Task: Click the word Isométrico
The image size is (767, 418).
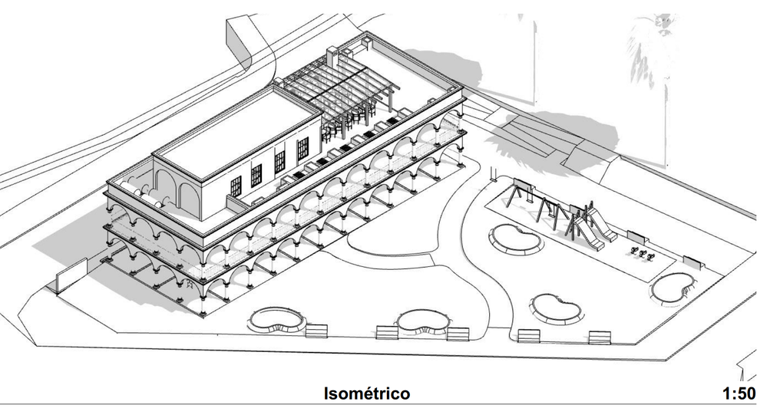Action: tap(367, 393)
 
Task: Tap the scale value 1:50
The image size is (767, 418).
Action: tap(739, 393)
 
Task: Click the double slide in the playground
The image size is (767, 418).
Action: tap(590, 226)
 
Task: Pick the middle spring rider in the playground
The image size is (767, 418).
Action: tap(642, 254)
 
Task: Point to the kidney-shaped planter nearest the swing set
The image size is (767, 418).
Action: tap(516, 239)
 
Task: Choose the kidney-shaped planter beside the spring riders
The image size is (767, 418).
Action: tap(673, 288)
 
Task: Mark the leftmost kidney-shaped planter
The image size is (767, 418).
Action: tap(277, 321)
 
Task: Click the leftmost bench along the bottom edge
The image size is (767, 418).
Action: tap(316, 331)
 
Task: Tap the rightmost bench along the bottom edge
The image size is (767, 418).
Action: tap(599, 337)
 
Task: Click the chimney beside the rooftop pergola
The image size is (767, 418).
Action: tap(332, 57)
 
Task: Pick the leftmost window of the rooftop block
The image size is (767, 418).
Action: tap(236, 186)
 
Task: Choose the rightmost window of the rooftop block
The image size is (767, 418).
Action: tap(303, 149)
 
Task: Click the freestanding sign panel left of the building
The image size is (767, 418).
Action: tap(71, 275)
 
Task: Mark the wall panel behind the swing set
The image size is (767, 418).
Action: tap(522, 186)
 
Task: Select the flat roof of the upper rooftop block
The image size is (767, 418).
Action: tap(238, 131)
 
